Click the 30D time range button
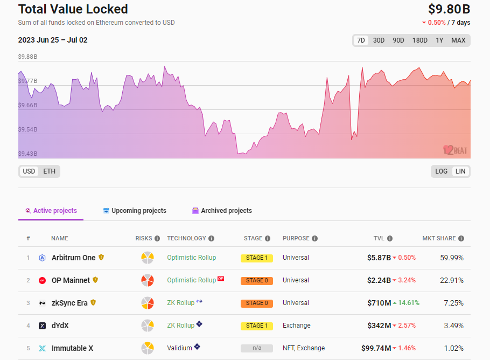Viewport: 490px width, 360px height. [379, 40]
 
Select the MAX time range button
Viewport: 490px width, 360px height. [458, 40]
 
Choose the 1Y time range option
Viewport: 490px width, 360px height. [439, 40]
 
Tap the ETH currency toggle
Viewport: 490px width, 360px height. [49, 171]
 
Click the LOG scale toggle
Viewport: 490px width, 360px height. [442, 171]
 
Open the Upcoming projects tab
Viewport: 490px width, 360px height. [135, 211]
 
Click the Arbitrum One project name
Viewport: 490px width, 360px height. [73, 258]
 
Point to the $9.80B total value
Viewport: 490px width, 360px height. [449, 9]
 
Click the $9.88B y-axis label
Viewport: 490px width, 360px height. [27, 57]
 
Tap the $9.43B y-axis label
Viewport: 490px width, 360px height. [27, 154]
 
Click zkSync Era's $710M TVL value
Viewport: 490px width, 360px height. [379, 303]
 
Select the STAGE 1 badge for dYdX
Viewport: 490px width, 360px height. [256, 326]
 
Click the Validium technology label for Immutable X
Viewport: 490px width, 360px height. [179, 348]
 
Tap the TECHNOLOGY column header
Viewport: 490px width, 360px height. [186, 238]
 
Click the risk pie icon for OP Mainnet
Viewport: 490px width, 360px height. [148, 280]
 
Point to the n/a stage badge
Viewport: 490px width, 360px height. [256, 348]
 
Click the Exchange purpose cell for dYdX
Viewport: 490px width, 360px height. [296, 326]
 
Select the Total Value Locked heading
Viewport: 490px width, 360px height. [73, 9]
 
